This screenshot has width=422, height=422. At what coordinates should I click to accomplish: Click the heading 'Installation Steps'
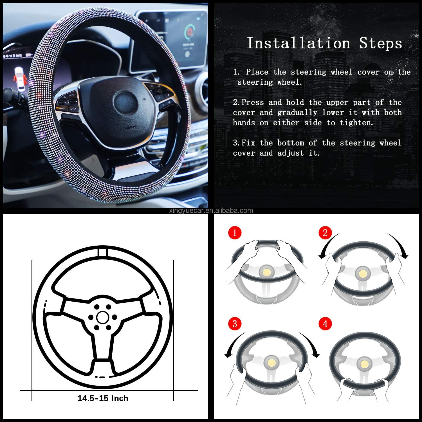[x=324, y=43]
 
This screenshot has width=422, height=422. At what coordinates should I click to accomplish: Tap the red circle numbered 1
[x=235, y=233]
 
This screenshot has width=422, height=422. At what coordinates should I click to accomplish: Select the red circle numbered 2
[x=325, y=233]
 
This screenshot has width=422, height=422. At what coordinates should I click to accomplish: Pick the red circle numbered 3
[x=235, y=324]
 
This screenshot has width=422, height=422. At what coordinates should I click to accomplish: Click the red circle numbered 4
[x=325, y=324]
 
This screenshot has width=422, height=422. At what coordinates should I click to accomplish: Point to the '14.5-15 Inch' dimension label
[x=103, y=398]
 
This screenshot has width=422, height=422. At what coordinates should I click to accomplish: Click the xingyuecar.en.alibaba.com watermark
[x=211, y=211]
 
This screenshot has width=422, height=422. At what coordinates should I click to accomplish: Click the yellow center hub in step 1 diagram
[x=266, y=272]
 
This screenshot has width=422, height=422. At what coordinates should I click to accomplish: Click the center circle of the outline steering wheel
[x=102, y=317]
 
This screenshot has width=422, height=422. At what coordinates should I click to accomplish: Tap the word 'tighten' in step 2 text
[x=356, y=123]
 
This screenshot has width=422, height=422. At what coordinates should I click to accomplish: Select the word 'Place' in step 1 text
[x=257, y=72]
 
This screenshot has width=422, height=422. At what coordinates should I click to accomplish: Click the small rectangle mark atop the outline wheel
[x=103, y=252]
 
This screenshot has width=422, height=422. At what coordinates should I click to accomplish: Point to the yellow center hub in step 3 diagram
[x=272, y=363]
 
